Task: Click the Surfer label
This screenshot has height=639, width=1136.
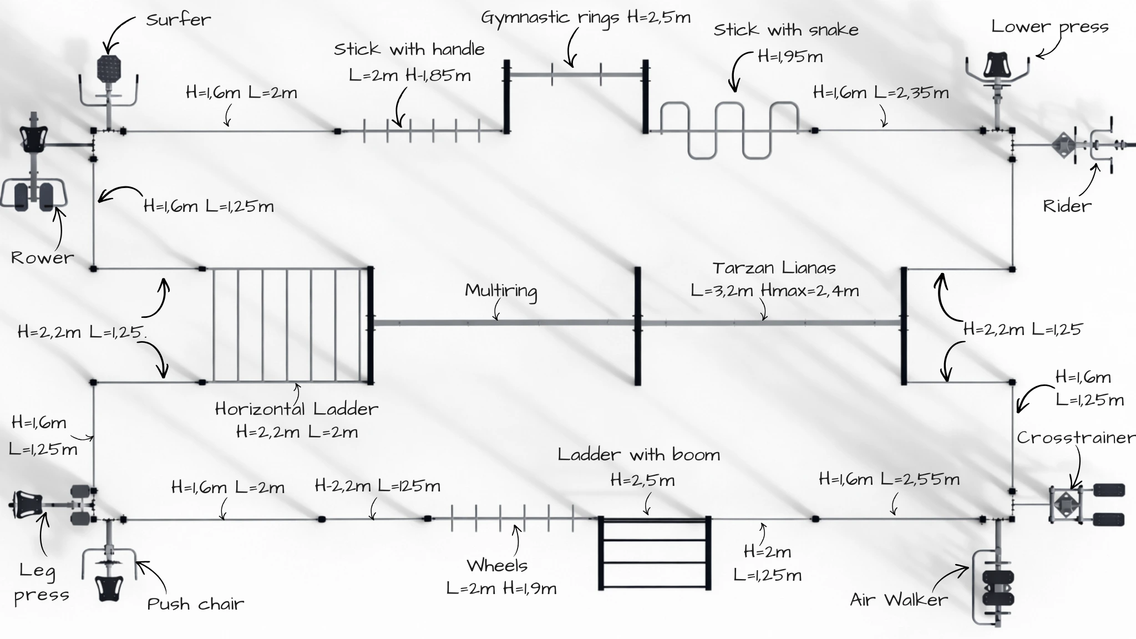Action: pos(178,20)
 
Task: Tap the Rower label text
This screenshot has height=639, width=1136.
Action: pos(42,257)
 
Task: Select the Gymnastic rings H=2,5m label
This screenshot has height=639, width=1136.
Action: pos(585,18)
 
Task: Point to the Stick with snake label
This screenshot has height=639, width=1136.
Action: pos(785,30)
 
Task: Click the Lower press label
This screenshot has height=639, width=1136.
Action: pos(1049,27)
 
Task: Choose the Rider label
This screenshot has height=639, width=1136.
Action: pos(1067,206)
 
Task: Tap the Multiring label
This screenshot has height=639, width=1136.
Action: pos(501,291)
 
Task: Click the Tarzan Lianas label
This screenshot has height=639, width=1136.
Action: pos(774,268)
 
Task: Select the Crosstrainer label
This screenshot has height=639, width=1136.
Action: pos(1075,438)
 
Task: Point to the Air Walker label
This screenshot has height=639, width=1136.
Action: pos(899,600)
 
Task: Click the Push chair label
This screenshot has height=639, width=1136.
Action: pos(195,603)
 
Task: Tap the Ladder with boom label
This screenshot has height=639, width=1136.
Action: pos(638,455)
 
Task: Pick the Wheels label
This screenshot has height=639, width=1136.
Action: pos(497,566)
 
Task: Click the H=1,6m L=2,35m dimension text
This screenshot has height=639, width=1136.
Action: pos(880,93)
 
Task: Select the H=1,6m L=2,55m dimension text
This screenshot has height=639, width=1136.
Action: pos(889,479)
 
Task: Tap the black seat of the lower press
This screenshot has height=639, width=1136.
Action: pos(997,64)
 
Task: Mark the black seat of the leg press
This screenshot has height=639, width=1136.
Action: pos(29,504)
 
